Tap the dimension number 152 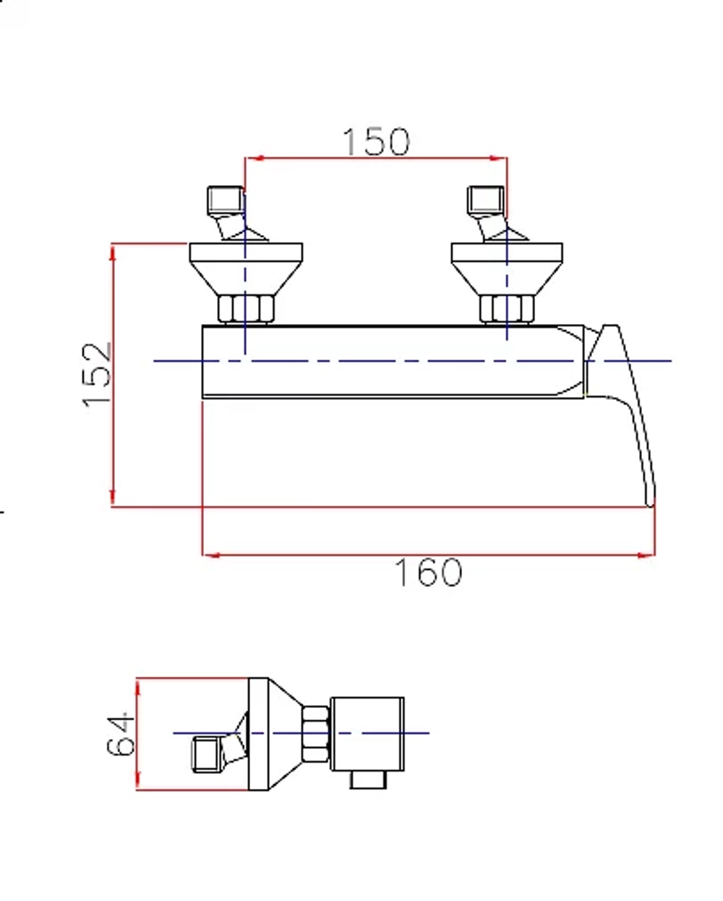click(x=97, y=375)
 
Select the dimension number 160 click(x=429, y=573)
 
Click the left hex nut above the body click(x=246, y=309)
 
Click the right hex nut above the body click(x=507, y=309)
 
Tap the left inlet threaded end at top click(x=226, y=200)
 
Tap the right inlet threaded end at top click(x=486, y=200)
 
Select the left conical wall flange click(x=246, y=269)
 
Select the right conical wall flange click(x=507, y=269)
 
